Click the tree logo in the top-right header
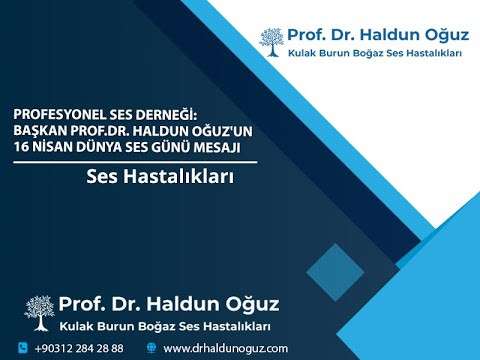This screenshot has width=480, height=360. click(270, 42)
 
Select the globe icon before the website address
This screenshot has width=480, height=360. click(151, 348)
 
